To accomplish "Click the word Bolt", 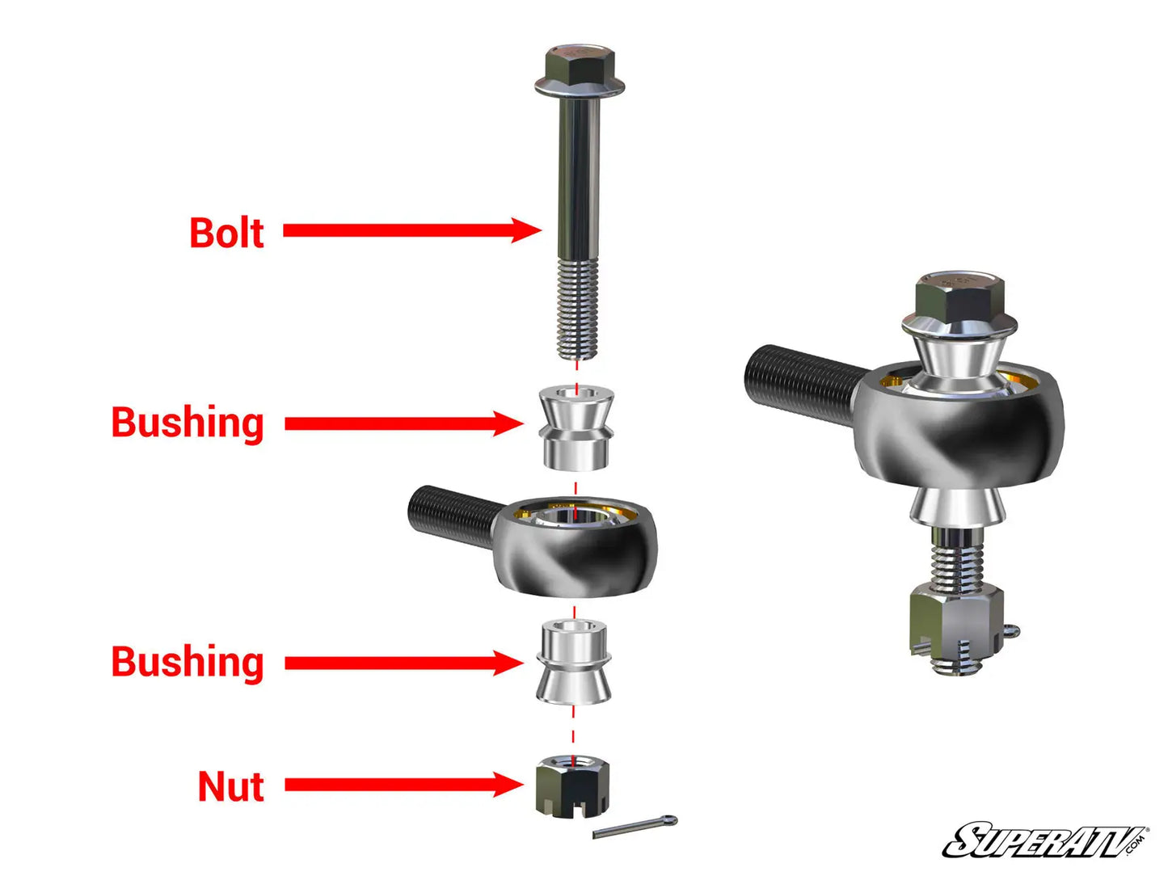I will pos(226,233).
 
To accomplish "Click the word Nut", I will pos(231,786).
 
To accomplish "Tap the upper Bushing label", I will pos(188,423).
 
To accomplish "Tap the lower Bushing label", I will pos(188,662).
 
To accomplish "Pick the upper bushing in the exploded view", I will pos(576,428).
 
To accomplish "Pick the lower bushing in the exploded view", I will pos(573,663).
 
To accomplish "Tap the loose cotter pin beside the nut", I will pos(635,827).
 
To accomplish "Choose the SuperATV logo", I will pos(1044,840).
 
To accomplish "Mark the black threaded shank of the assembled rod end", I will pos(800,380).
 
